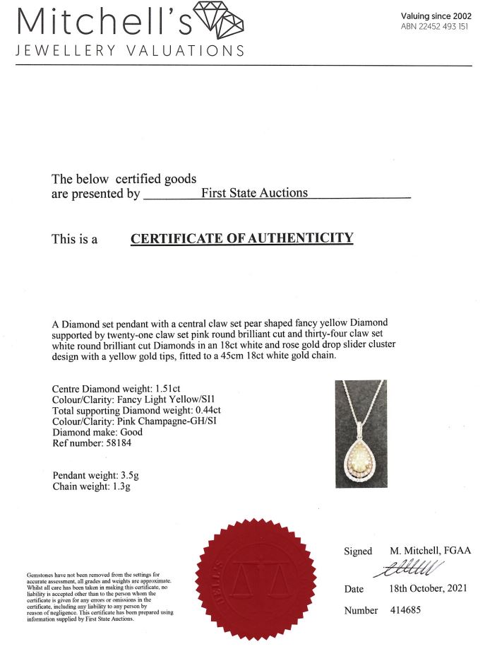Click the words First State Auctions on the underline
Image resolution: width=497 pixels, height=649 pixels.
255,192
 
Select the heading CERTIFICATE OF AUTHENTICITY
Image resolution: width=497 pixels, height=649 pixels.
241,238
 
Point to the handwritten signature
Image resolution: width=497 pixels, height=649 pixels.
412,567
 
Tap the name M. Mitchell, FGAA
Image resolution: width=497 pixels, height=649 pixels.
430,551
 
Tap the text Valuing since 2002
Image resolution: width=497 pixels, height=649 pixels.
436,16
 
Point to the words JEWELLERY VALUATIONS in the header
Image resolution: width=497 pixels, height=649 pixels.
130,51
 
